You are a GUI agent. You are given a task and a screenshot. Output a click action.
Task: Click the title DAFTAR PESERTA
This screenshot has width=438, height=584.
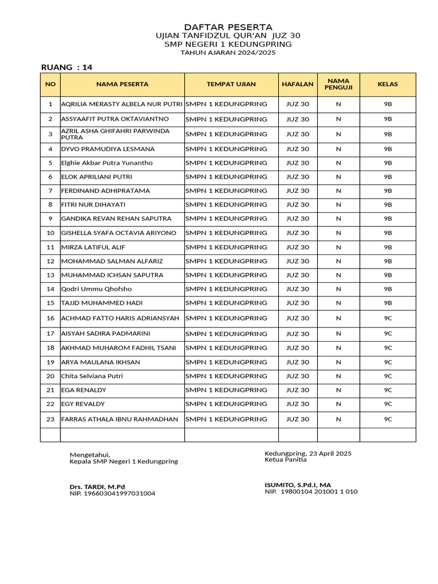(228, 27)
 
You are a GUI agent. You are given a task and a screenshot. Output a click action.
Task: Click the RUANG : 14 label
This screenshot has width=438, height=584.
(67, 67)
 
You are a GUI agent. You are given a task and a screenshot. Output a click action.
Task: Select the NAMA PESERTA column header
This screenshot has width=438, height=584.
(122, 84)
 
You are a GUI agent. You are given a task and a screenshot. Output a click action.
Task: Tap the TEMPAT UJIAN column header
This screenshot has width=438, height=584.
(231, 84)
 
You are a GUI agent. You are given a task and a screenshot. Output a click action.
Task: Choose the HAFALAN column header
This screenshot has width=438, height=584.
(297, 84)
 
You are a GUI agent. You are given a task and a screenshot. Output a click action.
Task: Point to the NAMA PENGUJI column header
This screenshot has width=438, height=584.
(338, 84)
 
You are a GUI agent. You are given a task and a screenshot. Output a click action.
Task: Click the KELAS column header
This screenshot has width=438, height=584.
(387, 84)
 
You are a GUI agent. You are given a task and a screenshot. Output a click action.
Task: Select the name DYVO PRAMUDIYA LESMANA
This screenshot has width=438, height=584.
(108, 149)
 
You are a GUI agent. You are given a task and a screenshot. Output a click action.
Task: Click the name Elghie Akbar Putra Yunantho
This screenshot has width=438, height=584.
(107, 163)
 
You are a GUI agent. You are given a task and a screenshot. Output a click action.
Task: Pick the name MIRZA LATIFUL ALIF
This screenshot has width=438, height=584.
(93, 248)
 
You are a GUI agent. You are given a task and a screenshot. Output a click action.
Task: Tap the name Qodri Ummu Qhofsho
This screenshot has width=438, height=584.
(96, 289)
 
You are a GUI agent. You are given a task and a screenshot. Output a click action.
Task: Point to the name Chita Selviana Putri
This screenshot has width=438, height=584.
(92, 376)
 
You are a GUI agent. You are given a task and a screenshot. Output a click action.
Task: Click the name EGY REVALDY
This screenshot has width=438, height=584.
(83, 404)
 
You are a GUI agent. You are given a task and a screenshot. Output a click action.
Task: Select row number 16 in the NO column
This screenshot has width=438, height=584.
(50, 318)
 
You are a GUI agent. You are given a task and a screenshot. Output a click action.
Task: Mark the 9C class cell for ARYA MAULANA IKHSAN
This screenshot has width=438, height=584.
(387, 362)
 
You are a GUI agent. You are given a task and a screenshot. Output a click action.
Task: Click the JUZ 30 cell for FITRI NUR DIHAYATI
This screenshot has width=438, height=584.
(297, 205)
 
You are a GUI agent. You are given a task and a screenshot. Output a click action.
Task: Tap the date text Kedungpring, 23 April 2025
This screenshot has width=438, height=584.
(308, 453)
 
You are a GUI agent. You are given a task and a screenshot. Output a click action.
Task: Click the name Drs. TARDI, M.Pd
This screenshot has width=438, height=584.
(97, 486)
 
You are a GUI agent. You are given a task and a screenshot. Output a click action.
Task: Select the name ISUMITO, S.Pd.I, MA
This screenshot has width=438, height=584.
(298, 485)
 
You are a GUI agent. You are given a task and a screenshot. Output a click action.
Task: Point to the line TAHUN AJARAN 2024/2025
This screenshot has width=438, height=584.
(228, 52)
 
